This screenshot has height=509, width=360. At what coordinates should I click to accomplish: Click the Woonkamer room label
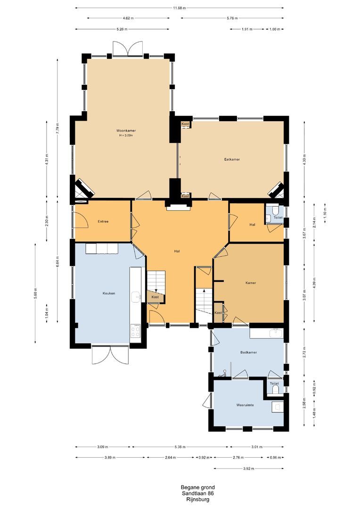[x=126, y=131]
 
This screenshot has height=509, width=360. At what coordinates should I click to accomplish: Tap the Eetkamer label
[x=232, y=159]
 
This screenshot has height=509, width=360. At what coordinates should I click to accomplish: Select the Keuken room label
[x=109, y=293]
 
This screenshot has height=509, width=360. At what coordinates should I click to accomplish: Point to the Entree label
[x=103, y=222]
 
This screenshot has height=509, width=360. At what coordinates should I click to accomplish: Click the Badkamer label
[x=249, y=352]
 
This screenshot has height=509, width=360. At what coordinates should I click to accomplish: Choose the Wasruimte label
[x=245, y=405]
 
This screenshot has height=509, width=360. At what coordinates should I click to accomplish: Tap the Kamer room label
[x=251, y=283]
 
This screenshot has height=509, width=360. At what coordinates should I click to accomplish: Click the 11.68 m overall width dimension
[x=180, y=8]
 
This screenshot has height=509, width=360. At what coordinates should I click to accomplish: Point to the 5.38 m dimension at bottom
[x=180, y=447]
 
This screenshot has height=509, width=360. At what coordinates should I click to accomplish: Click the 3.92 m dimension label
[x=248, y=468]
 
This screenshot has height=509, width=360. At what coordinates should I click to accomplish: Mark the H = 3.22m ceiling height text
[x=126, y=135]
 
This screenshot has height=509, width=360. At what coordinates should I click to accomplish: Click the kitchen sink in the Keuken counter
[x=136, y=296]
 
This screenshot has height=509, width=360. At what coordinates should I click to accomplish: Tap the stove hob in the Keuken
[x=135, y=331]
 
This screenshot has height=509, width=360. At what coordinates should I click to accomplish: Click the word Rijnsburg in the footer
[x=198, y=500]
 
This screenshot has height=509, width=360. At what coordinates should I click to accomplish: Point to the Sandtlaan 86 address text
[x=198, y=493]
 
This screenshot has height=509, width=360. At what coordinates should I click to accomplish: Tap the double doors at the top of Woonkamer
[x=128, y=49]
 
